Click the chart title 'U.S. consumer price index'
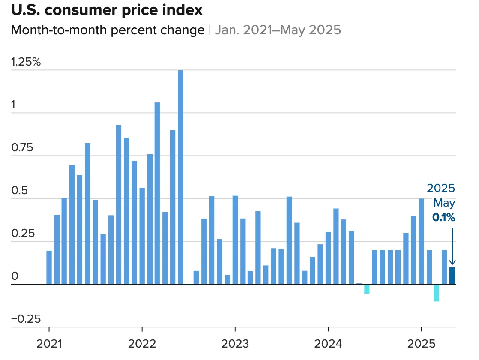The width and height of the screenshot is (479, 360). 107,10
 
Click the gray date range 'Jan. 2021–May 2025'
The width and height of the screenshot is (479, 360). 278,30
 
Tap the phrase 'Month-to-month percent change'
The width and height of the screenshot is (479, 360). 108,30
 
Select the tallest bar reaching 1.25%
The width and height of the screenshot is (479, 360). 180,177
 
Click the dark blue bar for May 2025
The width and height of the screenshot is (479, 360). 452,276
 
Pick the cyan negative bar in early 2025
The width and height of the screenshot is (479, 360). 437,293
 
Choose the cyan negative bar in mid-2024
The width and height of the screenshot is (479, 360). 367,289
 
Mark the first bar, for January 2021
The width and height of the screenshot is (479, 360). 49,267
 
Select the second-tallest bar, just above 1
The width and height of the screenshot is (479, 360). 157,193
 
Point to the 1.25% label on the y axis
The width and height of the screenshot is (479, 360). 26,62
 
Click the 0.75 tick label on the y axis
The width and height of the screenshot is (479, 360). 22,148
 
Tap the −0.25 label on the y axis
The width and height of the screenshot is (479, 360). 26,319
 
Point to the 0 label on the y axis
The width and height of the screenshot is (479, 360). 15,276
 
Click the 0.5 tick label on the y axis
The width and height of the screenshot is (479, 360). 18,191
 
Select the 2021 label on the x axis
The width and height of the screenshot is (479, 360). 49,344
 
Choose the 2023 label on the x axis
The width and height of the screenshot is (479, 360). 235,344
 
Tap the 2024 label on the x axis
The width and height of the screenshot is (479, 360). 328,344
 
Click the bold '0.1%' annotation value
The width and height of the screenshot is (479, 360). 443,218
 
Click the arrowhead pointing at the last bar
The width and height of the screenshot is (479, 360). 452,263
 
